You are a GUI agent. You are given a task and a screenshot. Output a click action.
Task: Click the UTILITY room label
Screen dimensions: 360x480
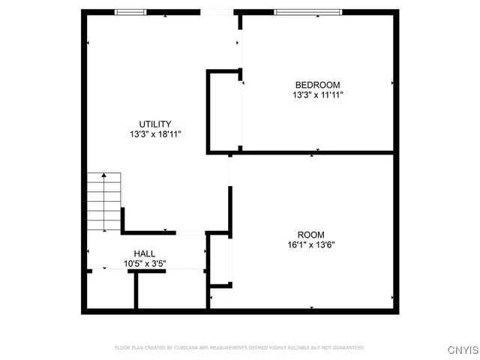pos(155,124)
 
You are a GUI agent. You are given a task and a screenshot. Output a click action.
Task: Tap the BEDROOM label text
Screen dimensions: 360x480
pos(318,85)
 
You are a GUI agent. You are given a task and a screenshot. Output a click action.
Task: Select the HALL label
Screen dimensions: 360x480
pos(145,253)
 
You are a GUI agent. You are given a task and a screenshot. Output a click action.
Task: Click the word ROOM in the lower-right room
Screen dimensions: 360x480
pos(312,233)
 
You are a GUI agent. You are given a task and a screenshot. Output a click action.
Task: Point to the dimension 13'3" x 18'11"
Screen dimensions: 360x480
pos(155,134)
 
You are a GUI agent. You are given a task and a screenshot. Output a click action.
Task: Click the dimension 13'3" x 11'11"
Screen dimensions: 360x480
pos(318,95)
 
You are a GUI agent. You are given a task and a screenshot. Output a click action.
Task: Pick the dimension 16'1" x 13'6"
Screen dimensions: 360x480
pos(312,244)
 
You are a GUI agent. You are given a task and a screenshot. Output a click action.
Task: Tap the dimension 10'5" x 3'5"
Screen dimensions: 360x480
pos(145,264)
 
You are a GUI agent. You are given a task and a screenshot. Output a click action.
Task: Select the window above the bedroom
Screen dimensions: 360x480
pos(307,12)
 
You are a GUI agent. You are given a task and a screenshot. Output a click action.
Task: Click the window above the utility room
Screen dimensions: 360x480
pos(130,12)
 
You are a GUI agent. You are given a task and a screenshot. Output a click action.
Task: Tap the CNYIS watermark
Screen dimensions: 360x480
pos(463,349)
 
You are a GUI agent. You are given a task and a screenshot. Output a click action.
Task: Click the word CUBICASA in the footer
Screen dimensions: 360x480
pos(186,348)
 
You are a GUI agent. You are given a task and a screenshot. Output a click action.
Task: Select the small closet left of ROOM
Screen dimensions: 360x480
pos(220,260)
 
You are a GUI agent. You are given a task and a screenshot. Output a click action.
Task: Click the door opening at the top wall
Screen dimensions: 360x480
pos(218,12)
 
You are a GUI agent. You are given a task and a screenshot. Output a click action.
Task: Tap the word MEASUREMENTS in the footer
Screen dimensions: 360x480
pos(232,348)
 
